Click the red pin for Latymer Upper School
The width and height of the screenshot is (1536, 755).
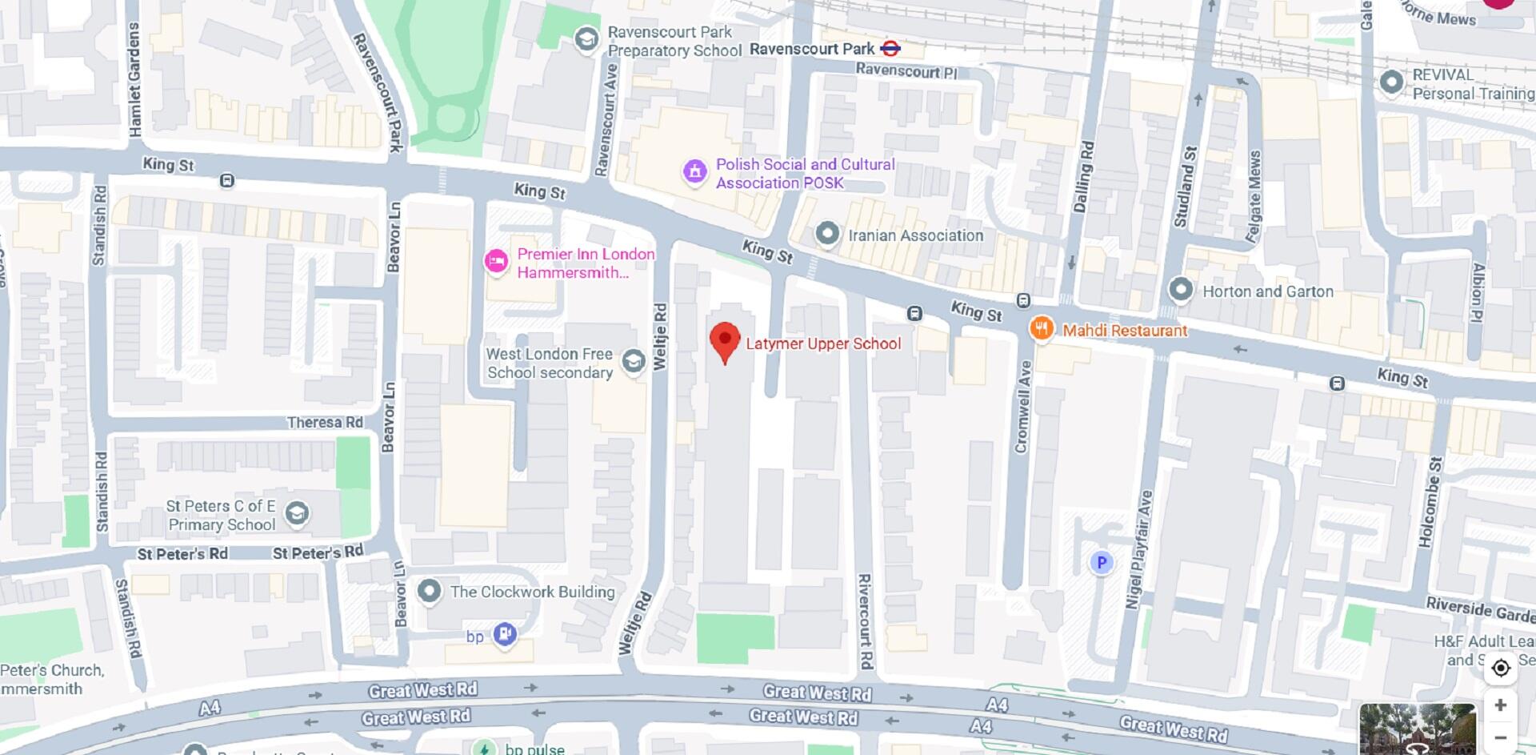725,340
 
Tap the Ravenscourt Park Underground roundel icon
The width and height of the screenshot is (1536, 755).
890,49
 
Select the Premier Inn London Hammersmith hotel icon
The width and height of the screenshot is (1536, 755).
496,262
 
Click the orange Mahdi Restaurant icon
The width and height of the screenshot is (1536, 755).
1041,328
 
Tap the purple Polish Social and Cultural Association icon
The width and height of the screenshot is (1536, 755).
694,171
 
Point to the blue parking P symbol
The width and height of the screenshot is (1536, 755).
1101,563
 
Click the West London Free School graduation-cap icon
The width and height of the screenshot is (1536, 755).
634,361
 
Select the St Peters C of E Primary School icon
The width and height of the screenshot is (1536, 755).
297,512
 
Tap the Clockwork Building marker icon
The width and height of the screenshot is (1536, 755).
430,592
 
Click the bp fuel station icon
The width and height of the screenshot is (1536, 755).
505,635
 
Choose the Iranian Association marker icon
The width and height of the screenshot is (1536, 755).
827,235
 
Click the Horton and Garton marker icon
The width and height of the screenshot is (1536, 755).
1181,291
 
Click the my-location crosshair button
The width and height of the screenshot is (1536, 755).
1500,668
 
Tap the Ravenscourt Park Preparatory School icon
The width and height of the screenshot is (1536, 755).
587,39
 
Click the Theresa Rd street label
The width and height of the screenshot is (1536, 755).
325,422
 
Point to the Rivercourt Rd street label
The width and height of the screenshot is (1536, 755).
864,621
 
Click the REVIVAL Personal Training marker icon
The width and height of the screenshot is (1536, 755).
1392,82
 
